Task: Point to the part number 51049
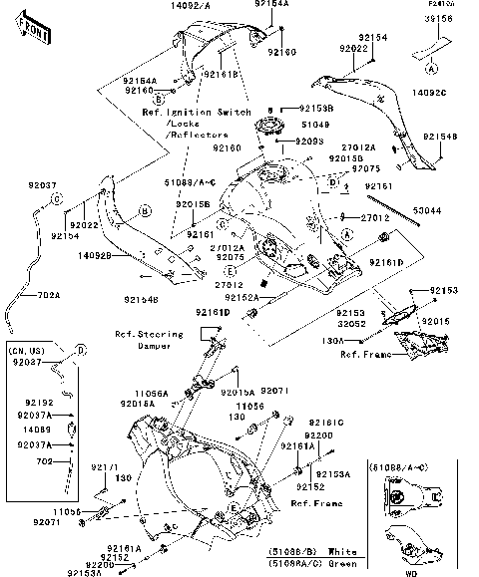pos(314,124)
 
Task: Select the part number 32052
pos(351,323)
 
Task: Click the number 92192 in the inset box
pos(38,402)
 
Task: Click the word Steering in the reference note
pos(147,336)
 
